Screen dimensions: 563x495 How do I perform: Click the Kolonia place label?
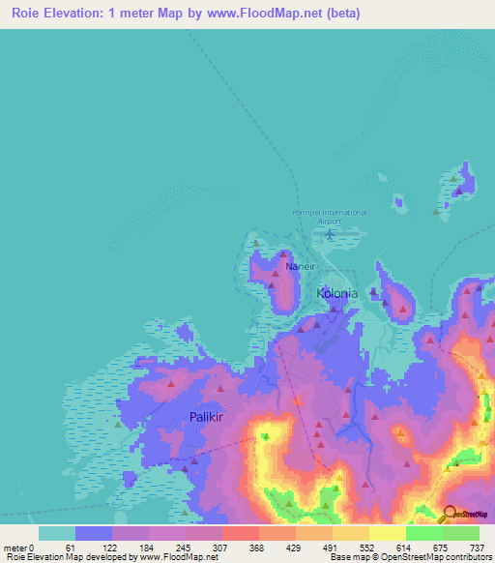coord(337,292)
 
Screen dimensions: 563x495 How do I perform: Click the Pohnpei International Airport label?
coord(329,217)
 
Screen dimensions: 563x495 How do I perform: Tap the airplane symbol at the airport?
coord(330,233)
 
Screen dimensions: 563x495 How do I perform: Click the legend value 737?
coord(476,547)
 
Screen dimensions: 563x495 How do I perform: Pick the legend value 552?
coord(363,547)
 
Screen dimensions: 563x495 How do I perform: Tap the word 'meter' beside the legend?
coord(15,547)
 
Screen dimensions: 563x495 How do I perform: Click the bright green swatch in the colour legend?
coord(423,533)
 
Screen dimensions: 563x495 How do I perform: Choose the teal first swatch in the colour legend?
coord(57,533)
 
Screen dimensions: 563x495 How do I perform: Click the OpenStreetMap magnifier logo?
coord(450,513)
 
